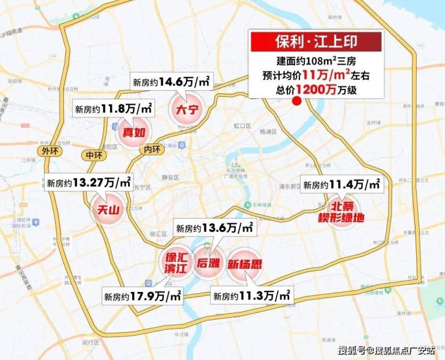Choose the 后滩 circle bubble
207,262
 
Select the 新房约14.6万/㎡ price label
171,82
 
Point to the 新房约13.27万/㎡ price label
88,182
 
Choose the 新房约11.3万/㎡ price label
252,295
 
